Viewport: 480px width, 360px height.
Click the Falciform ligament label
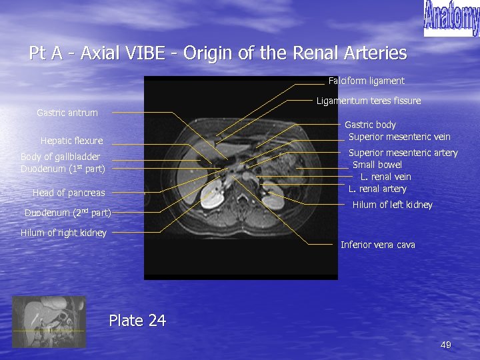(366, 81)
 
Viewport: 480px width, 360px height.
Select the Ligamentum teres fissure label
(369, 101)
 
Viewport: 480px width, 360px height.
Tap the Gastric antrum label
(67, 113)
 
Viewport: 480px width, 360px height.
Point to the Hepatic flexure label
(72, 141)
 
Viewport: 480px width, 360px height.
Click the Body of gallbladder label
(61, 157)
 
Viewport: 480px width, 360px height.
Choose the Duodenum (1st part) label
(63, 169)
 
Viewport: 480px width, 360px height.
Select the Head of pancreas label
(69, 193)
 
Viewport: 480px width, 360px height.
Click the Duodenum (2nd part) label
(67, 213)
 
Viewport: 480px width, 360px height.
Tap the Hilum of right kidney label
(63, 233)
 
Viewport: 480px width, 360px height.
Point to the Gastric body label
(370, 125)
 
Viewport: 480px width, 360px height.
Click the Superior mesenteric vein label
(399, 137)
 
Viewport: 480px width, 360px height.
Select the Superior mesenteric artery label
(403, 153)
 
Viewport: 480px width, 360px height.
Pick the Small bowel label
(377, 165)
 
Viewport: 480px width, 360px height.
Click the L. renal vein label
(386, 177)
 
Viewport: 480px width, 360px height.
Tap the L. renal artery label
(377, 189)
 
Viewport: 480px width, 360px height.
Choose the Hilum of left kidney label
(392, 205)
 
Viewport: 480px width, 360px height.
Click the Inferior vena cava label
(377, 245)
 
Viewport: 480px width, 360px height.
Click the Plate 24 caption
(137, 321)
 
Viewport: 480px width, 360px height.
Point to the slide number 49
(446, 345)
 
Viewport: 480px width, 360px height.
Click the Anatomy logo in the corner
(451, 18)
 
